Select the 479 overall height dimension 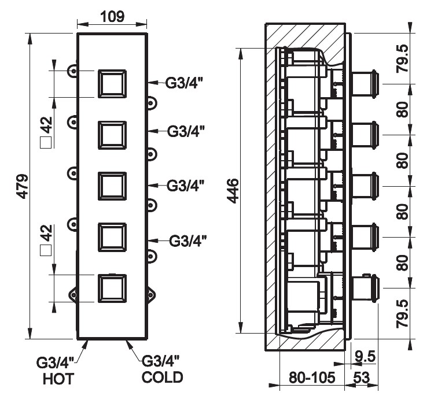coord(21,186)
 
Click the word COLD coord(163,378)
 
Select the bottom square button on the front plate coord(113,288)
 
